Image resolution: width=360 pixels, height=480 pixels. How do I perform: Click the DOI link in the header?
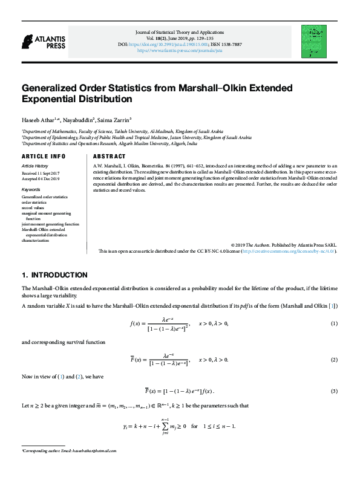click(x=180, y=44)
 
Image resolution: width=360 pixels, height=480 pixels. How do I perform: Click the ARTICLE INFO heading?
click(x=44, y=156)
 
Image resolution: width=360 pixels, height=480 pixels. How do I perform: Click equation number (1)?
click(x=333, y=325)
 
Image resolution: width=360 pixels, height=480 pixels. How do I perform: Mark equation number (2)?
click(x=333, y=360)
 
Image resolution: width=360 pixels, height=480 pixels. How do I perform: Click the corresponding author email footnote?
click(x=68, y=468)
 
